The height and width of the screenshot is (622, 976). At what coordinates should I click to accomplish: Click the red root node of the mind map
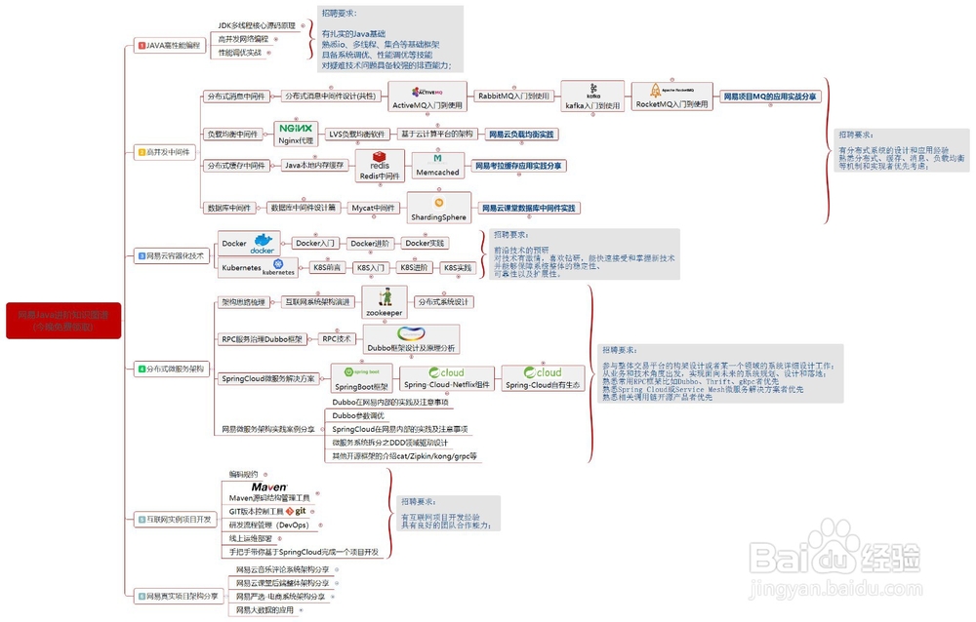(62, 321)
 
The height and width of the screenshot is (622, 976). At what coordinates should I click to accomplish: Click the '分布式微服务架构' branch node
(171, 369)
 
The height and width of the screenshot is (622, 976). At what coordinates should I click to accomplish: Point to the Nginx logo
(295, 128)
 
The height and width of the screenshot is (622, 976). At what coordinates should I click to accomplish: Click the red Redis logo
(379, 158)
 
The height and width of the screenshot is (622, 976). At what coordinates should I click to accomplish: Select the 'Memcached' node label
(436, 172)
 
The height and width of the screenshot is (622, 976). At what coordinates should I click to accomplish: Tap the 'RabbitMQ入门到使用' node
(513, 96)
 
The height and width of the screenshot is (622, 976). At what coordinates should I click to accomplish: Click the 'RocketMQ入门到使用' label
(672, 103)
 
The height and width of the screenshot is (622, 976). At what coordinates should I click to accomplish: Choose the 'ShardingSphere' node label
(438, 216)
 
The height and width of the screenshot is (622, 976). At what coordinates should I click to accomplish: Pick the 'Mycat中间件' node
(373, 208)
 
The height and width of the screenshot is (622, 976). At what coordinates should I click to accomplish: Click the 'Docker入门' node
(315, 243)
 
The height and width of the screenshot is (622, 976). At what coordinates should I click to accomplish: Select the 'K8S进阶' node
(413, 266)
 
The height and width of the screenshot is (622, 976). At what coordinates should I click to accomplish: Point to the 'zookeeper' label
(384, 313)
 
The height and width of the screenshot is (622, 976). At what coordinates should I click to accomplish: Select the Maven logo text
(268, 486)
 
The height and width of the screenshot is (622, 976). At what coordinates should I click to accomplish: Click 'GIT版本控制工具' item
(256, 511)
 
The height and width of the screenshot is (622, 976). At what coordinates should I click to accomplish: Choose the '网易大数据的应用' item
(264, 609)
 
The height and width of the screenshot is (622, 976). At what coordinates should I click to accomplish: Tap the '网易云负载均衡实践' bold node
(520, 134)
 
